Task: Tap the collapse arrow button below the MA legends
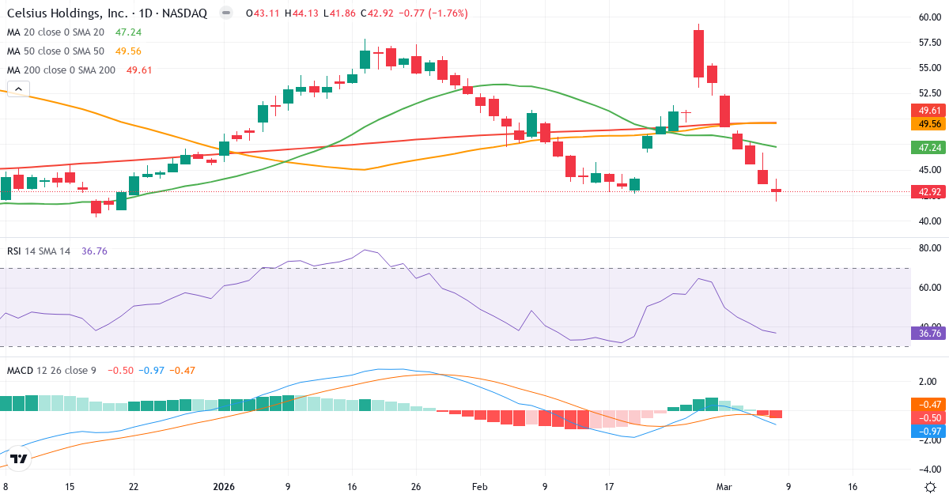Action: [17, 89]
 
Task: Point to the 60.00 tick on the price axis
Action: [928, 17]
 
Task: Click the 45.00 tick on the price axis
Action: [928, 170]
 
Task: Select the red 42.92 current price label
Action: [928, 191]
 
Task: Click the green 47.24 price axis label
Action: [928, 147]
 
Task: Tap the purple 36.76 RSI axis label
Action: [928, 334]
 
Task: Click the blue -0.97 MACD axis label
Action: [928, 431]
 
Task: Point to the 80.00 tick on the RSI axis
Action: [928, 248]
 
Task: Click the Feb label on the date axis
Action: [480, 487]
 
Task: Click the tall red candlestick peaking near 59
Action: [698, 54]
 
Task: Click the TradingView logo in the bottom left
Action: [19, 459]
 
